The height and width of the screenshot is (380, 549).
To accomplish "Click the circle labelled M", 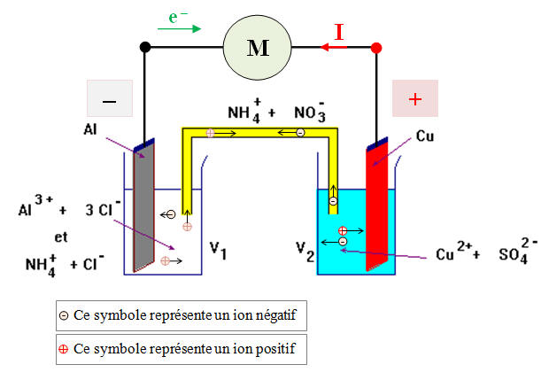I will coord(258,48).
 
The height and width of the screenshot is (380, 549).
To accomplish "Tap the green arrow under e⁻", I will coord(179,29).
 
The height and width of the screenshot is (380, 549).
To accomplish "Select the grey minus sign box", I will coord(110,99).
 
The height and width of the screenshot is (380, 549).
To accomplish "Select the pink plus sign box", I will coord(414,99).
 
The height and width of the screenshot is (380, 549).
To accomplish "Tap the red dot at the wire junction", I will coord(376,48).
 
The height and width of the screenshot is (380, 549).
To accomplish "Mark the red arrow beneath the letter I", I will coord(335,49).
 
